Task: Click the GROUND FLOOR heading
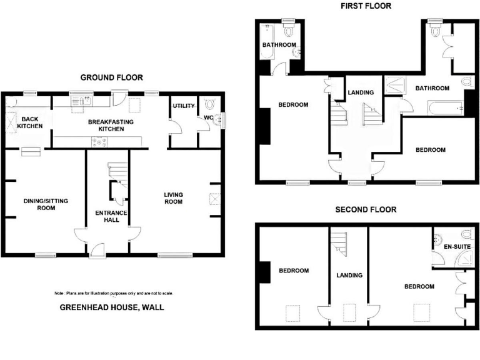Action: (x=111, y=77)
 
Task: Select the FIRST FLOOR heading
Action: (x=366, y=6)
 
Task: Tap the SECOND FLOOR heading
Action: (x=366, y=209)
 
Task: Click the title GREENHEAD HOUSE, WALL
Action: (x=111, y=307)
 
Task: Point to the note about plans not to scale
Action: (x=113, y=293)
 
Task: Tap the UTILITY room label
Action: (x=184, y=106)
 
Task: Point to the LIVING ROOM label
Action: (x=173, y=198)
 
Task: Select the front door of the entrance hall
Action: (x=97, y=251)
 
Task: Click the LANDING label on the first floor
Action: (x=361, y=93)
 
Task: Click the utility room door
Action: (x=179, y=127)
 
